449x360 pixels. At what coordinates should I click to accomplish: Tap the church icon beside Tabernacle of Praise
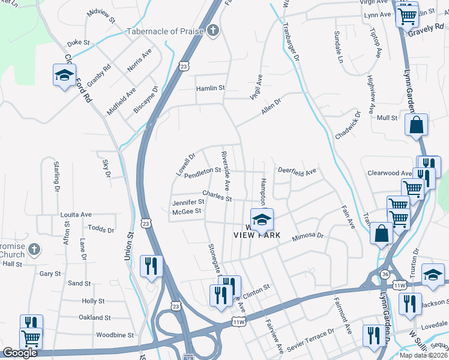[212, 31]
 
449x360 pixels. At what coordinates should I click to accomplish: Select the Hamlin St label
[210, 88]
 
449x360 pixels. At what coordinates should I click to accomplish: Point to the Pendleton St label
[203, 171]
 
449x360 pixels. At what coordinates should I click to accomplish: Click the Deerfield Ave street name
[297, 171]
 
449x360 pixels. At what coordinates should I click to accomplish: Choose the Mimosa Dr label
[308, 238]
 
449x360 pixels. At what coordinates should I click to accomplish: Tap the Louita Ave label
[76, 214]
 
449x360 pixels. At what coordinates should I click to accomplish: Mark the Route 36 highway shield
[383, 274]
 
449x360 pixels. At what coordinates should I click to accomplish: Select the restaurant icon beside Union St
[149, 265]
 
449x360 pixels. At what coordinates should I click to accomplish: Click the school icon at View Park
[261, 220]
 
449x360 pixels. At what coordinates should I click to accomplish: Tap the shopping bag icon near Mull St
[416, 126]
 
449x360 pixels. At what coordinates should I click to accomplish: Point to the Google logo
[20, 353]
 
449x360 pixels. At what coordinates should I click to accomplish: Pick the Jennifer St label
[188, 202]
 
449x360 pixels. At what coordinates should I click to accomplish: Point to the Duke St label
[78, 43]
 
